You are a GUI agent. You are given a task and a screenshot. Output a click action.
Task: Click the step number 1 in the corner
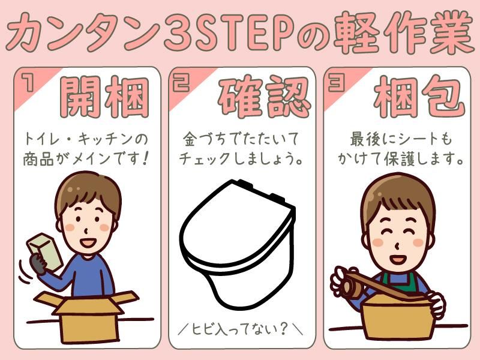tap(29, 83)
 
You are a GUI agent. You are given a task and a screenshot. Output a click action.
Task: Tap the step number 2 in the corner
tap(181, 83)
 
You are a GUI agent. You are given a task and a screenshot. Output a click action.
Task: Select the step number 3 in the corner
tap(336, 83)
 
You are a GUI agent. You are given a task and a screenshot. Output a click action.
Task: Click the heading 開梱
tap(104, 97)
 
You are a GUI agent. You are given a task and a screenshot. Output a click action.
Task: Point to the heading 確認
tap(264, 97)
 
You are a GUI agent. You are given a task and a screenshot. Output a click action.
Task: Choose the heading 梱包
tap(419, 97)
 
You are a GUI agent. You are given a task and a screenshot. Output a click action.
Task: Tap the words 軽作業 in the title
tap(403, 32)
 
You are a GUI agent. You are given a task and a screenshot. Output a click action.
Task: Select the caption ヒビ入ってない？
tap(240, 329)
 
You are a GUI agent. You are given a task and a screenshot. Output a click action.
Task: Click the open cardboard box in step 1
tap(87, 316)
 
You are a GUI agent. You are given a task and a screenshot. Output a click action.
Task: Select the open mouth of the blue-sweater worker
tap(88, 243)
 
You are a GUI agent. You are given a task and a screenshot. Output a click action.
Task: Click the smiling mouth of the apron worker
tap(397, 259)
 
